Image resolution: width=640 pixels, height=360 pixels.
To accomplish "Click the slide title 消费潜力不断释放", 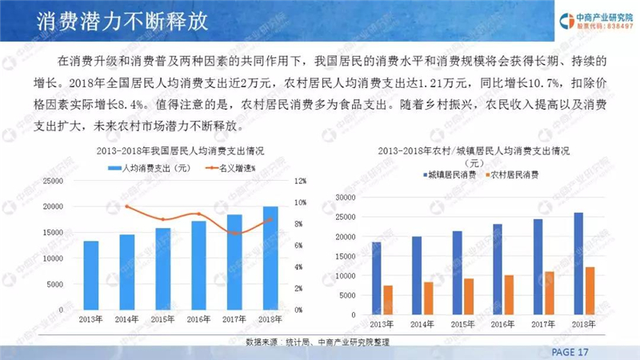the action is click(x=122, y=22).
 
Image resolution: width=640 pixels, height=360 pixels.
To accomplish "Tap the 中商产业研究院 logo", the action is click(x=596, y=21).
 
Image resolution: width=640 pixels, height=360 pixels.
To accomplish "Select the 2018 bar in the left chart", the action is click(x=270, y=258).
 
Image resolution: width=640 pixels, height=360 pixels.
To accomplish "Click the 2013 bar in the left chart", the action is click(x=91, y=275).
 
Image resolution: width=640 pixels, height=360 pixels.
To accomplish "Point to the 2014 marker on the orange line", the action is click(x=127, y=206).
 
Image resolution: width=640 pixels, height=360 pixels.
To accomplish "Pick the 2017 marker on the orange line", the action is click(x=234, y=234).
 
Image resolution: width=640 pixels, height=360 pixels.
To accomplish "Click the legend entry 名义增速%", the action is click(x=230, y=168).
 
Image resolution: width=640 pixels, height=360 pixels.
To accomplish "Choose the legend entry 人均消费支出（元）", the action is click(x=150, y=168).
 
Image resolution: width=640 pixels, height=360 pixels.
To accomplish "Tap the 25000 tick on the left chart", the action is click(x=53, y=181).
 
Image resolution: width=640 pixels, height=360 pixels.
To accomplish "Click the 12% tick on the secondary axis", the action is click(x=300, y=181).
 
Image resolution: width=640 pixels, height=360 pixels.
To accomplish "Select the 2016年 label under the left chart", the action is click(x=198, y=319).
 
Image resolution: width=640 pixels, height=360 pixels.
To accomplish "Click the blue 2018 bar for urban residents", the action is click(x=578, y=264).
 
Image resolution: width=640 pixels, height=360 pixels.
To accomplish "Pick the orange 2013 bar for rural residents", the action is click(x=388, y=300).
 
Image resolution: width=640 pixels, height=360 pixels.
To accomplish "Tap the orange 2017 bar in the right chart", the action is click(x=550, y=293).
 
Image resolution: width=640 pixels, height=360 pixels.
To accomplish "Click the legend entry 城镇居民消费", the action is click(x=450, y=175).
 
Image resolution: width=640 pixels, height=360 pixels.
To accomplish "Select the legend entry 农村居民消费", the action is click(x=512, y=175).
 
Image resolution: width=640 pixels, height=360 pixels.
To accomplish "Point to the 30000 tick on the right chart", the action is click(x=346, y=197).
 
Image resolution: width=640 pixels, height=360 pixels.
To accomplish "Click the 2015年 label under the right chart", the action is click(x=462, y=325).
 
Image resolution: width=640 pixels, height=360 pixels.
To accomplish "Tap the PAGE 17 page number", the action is click(x=570, y=352).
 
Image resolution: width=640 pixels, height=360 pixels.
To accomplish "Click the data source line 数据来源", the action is click(x=317, y=342).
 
